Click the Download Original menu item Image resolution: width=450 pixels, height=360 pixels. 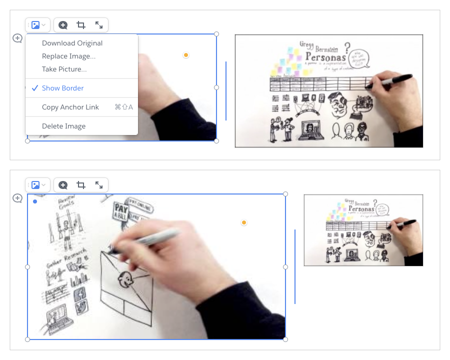72,43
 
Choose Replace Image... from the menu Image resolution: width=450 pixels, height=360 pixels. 68,56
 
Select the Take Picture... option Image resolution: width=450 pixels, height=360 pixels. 64,69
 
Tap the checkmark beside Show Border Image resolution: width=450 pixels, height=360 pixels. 34,88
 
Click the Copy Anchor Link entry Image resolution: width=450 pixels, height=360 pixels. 70,107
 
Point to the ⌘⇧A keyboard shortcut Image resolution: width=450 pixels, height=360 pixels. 124,107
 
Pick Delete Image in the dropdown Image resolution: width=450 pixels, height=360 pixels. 63,126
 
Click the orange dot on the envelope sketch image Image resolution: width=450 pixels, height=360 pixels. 244,222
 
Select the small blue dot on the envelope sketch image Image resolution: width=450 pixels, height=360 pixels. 34,201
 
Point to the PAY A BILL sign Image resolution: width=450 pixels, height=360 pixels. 120,209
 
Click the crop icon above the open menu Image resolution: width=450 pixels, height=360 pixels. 81,25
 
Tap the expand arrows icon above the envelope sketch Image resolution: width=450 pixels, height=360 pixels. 99,185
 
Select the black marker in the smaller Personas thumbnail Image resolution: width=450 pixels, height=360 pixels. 406,222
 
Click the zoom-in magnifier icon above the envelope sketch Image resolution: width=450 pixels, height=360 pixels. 63,185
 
